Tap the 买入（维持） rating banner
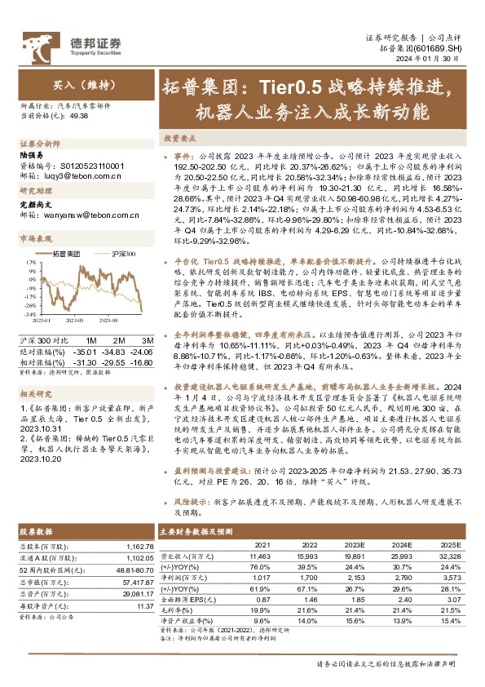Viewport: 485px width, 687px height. [x=77, y=85]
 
